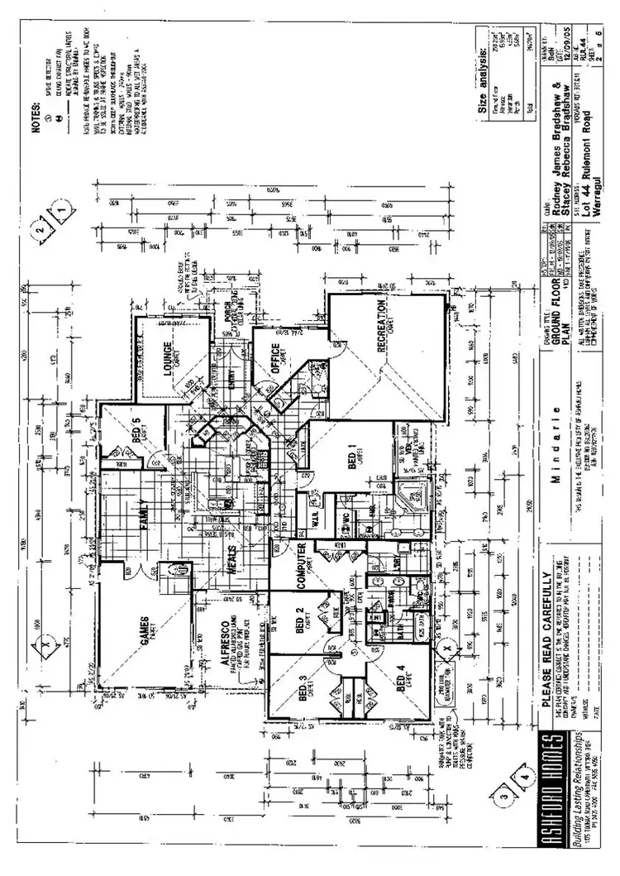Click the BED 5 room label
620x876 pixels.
(138, 429)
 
